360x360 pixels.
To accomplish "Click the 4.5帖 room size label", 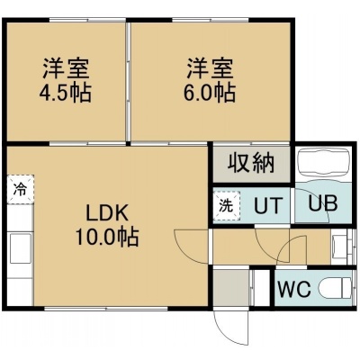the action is point(66,93).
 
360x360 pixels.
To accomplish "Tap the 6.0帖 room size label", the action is point(210,93).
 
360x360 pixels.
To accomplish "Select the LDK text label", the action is point(107,213).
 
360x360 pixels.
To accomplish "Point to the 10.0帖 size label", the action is point(107,237).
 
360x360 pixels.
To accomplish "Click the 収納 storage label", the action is point(251,164).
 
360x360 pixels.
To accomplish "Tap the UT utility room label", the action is point(268,205).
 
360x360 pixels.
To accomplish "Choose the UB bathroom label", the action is point(323,203).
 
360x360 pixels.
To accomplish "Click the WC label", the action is point(294,289).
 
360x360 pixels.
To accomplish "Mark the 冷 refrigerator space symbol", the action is point(21,190).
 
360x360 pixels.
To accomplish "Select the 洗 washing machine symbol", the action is point(226,206).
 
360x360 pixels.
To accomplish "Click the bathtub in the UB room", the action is point(323,165).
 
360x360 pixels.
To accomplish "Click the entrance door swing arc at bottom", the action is point(228,329).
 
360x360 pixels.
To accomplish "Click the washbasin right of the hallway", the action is point(340,247).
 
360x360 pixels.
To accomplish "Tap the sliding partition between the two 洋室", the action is point(129,81).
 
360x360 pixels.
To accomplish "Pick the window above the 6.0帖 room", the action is point(211,20).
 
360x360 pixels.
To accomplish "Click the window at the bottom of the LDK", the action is point(106,308).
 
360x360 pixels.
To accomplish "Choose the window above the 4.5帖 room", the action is point(87,20).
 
